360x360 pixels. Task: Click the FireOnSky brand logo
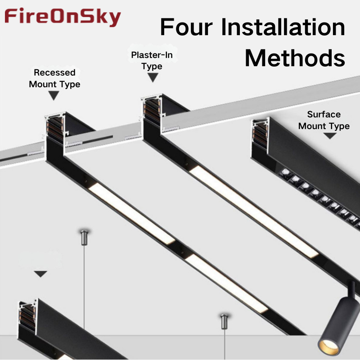[x=63, y=17]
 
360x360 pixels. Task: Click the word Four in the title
[x=186, y=27]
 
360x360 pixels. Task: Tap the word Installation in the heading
[x=283, y=27]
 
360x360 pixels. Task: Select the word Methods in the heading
[x=295, y=58]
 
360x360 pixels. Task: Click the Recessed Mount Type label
[x=54, y=78]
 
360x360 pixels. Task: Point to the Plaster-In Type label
[x=152, y=60]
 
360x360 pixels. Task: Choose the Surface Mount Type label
[x=324, y=120]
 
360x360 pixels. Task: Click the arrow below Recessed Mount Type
[x=54, y=95]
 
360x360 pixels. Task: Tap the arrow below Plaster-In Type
[x=153, y=77]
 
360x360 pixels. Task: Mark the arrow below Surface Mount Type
[x=330, y=136]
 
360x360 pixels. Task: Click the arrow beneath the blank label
[x=40, y=274]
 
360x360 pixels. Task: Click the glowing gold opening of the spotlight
[x=328, y=346]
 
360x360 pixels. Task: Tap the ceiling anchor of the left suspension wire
[x=84, y=238]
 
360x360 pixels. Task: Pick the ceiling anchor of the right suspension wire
[x=224, y=321]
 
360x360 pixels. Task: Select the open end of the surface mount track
[x=261, y=134]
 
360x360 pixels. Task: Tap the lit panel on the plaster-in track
[x=254, y=211]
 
